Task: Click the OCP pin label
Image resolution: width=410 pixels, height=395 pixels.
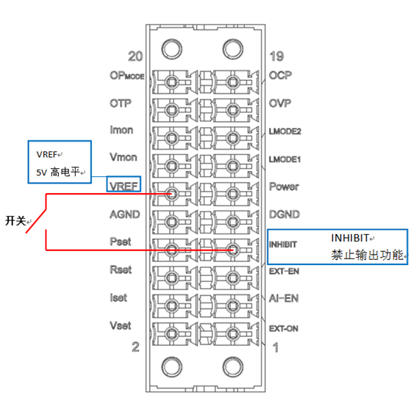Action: tap(280, 75)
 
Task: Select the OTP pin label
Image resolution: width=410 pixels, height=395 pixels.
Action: tap(121, 104)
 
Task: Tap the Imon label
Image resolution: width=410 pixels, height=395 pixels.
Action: tap(121, 130)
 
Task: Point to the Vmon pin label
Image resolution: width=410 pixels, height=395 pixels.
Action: tap(123, 157)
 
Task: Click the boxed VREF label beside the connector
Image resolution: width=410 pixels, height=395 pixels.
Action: tap(123, 186)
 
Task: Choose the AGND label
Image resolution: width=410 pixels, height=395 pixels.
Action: tap(125, 214)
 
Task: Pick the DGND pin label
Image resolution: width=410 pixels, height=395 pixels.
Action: tap(284, 214)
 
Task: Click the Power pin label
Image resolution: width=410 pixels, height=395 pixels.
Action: tap(284, 186)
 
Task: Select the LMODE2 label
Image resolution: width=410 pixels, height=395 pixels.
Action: tap(285, 131)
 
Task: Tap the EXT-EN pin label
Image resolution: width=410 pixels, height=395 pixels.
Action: tap(284, 272)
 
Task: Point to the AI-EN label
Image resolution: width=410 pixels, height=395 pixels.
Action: tap(284, 298)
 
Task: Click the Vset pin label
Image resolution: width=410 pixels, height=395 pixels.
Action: tap(121, 325)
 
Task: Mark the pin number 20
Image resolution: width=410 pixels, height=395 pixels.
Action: tap(135, 57)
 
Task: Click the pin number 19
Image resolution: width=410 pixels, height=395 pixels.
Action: tap(277, 57)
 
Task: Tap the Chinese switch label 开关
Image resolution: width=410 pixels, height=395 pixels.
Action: tap(15, 221)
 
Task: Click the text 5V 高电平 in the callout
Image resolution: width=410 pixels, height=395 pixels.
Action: tap(58, 172)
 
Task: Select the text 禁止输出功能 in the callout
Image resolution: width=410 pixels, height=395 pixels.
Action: tap(367, 255)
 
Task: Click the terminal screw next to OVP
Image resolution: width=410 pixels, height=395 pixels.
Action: tap(232, 110)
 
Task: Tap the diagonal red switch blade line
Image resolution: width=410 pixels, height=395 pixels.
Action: tap(36, 221)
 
